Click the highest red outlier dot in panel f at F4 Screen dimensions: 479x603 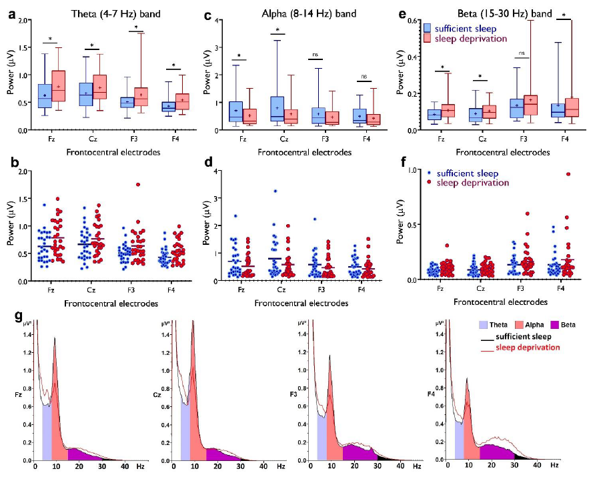click(x=568, y=174)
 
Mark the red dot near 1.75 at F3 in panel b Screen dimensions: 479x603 click(x=138, y=185)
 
